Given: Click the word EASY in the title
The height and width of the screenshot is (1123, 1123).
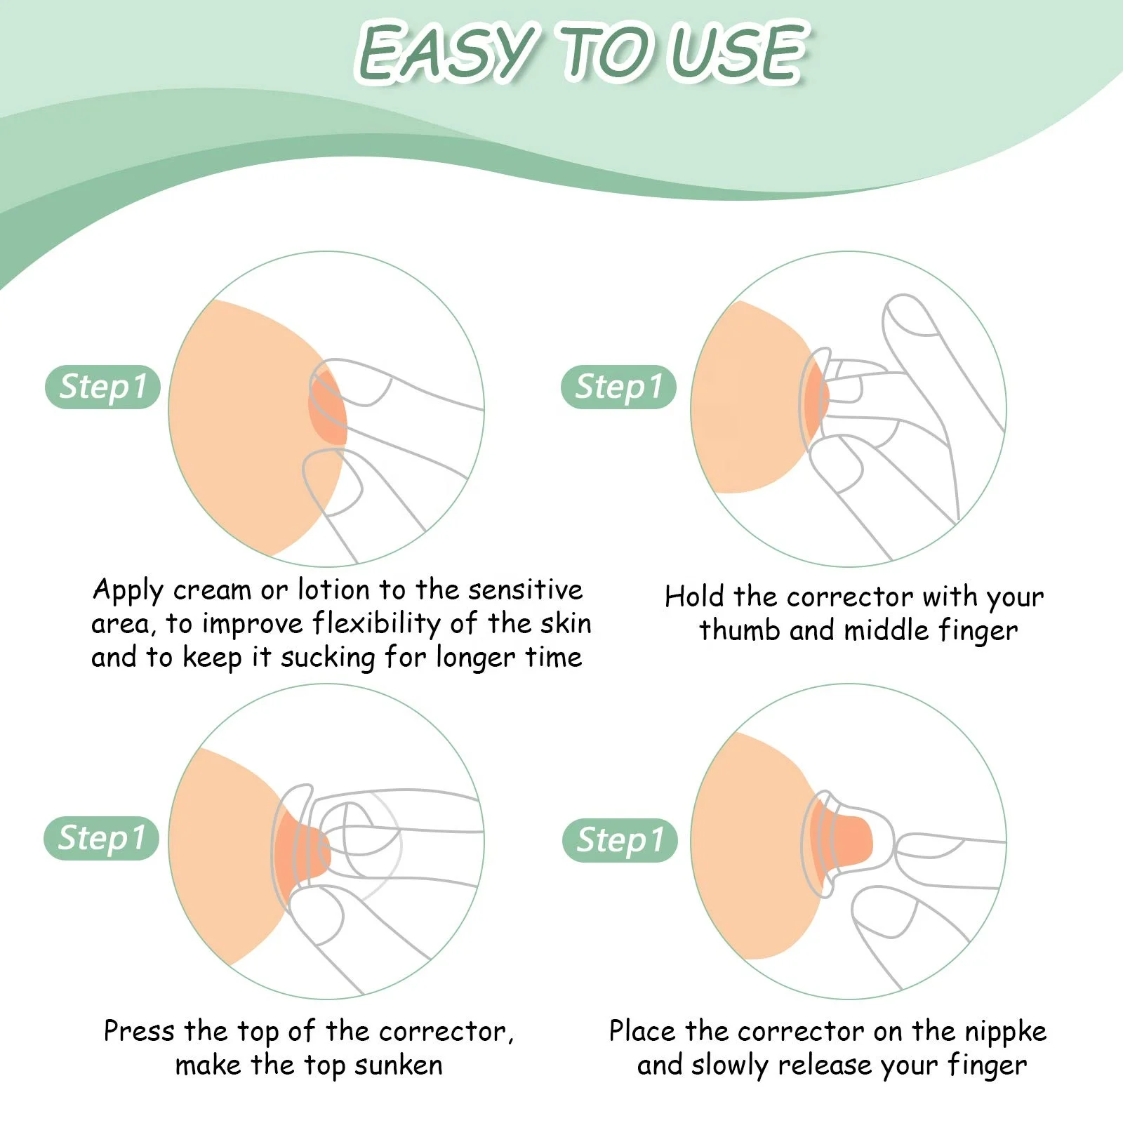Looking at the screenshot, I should (446, 53).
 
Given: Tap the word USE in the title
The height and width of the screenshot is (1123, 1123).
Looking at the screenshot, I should (737, 53).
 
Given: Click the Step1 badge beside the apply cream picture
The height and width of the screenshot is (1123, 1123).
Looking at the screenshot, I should (102, 387).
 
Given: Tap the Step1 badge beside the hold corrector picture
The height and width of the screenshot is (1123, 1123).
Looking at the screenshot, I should (618, 387).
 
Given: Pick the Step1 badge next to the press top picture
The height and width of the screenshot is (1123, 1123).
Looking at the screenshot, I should (102, 838).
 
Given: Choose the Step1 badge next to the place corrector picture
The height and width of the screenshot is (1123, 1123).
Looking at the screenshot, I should (620, 840).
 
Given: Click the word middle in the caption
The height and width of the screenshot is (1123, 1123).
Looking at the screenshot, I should (886, 630).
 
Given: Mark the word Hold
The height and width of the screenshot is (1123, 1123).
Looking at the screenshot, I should (694, 597).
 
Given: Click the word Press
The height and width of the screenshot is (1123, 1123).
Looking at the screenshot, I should (139, 1031).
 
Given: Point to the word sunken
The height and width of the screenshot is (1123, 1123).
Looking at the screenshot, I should (398, 1065).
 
